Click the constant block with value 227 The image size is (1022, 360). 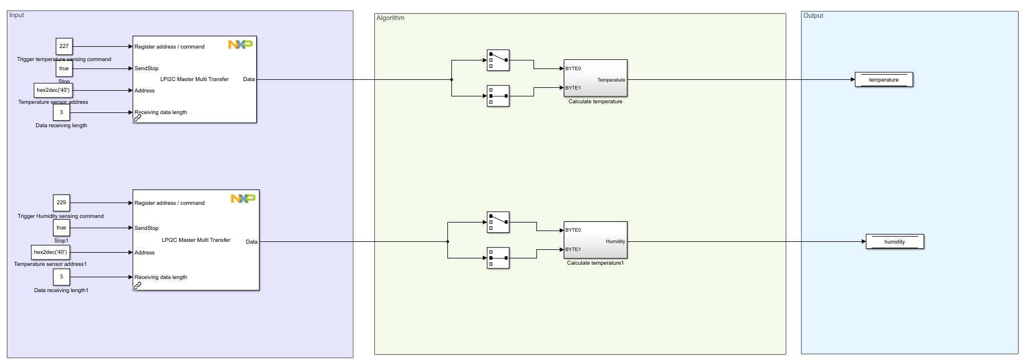pos(64,46)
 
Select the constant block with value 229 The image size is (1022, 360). pos(61,203)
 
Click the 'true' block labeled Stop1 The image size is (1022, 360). pos(61,228)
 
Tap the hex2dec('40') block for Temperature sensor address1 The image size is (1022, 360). pos(50,252)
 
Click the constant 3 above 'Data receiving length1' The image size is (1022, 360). pos(61,277)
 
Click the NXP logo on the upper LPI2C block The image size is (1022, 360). pos(240,45)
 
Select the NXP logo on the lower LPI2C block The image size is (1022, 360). pos(243,199)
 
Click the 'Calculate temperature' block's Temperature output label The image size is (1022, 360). pos(611,80)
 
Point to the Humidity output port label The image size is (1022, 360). pos(615,241)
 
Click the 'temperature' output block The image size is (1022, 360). pos(883,80)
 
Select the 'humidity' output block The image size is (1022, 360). pos(894,242)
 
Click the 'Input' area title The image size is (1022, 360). pos(17,15)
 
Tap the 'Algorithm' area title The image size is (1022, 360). pos(390,18)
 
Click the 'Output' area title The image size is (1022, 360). pos(813,15)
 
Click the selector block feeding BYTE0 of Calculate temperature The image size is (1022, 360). pos(498,60)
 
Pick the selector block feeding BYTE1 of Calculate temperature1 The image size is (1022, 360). pos(498,258)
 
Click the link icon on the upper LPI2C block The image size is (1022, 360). pos(137,118)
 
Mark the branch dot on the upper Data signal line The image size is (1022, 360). pos(451,80)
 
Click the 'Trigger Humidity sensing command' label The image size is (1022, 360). pos(60,216)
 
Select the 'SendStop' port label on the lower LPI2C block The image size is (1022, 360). pos(147,228)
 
